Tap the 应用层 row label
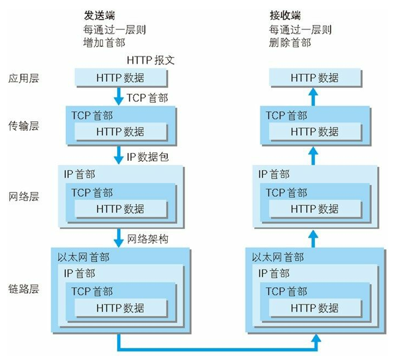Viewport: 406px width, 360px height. [24, 78]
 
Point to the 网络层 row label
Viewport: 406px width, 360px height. [24, 197]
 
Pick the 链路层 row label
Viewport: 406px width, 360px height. [24, 290]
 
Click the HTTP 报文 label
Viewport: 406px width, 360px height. [151, 60]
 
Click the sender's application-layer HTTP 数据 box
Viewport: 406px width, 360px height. [121, 78]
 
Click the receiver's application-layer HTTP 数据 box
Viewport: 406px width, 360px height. [315, 78]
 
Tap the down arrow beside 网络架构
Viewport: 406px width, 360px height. [119, 237]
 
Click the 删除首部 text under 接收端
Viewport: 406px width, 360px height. [290, 43]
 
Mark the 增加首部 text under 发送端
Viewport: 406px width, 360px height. [103, 43]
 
